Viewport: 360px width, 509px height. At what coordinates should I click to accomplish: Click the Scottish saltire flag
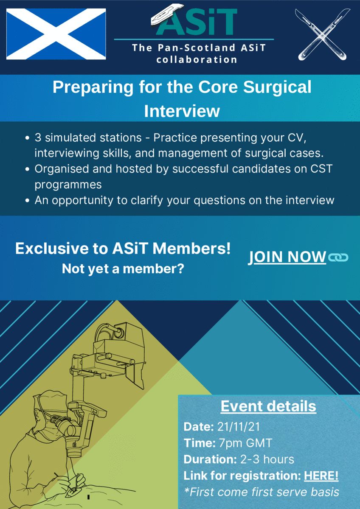coord(56,34)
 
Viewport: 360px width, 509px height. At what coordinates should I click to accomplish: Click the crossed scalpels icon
coord(323,34)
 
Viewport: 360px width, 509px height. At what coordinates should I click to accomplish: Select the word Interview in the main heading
coord(182,111)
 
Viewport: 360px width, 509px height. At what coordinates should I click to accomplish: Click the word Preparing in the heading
coord(93,88)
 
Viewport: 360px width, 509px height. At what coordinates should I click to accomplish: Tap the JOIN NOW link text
coord(287,257)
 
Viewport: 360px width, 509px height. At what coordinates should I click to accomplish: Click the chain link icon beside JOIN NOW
coord(338,257)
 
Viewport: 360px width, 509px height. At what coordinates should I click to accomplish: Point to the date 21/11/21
coord(238,427)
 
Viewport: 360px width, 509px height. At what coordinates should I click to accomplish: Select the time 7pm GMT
coord(245,443)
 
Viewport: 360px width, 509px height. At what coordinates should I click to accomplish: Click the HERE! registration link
coord(321,475)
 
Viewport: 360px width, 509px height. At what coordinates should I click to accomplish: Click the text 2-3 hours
coord(267,459)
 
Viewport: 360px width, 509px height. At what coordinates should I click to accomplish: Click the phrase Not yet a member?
coord(123,269)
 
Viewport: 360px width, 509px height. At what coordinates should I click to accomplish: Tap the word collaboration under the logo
coord(197,60)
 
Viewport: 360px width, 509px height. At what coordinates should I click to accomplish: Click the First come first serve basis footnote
coord(262,492)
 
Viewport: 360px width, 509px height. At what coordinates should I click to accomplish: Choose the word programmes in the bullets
coord(68,185)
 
